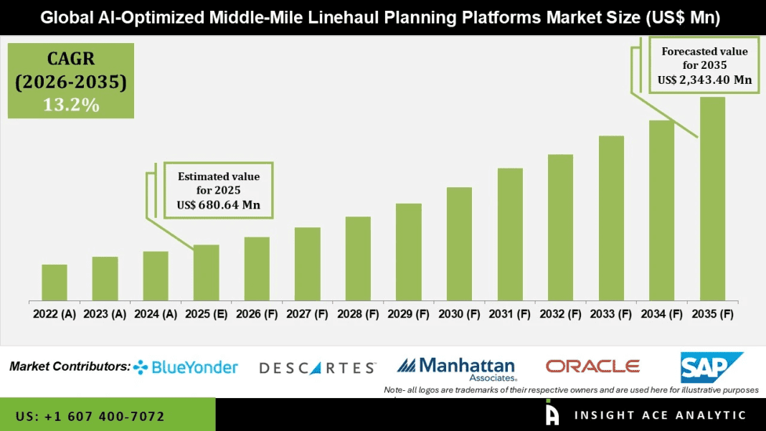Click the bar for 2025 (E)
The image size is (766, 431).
(x=206, y=273)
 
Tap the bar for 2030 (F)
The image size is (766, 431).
(x=459, y=244)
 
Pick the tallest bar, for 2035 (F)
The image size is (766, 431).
(x=712, y=199)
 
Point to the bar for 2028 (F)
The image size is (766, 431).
(x=358, y=258)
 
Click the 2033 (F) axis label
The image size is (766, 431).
(x=612, y=314)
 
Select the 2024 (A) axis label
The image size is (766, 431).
(x=156, y=314)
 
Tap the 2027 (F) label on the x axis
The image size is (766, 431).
(x=308, y=314)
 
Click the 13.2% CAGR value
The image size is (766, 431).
(x=71, y=105)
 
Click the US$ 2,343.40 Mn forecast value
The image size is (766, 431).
(x=704, y=80)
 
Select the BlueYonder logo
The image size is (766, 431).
(x=186, y=367)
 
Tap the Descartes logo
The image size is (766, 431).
(x=317, y=368)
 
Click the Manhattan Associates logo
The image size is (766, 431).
(x=456, y=368)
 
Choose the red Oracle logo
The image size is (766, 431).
(x=592, y=366)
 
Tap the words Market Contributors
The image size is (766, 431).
(x=70, y=366)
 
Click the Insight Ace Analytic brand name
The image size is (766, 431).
(x=660, y=415)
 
